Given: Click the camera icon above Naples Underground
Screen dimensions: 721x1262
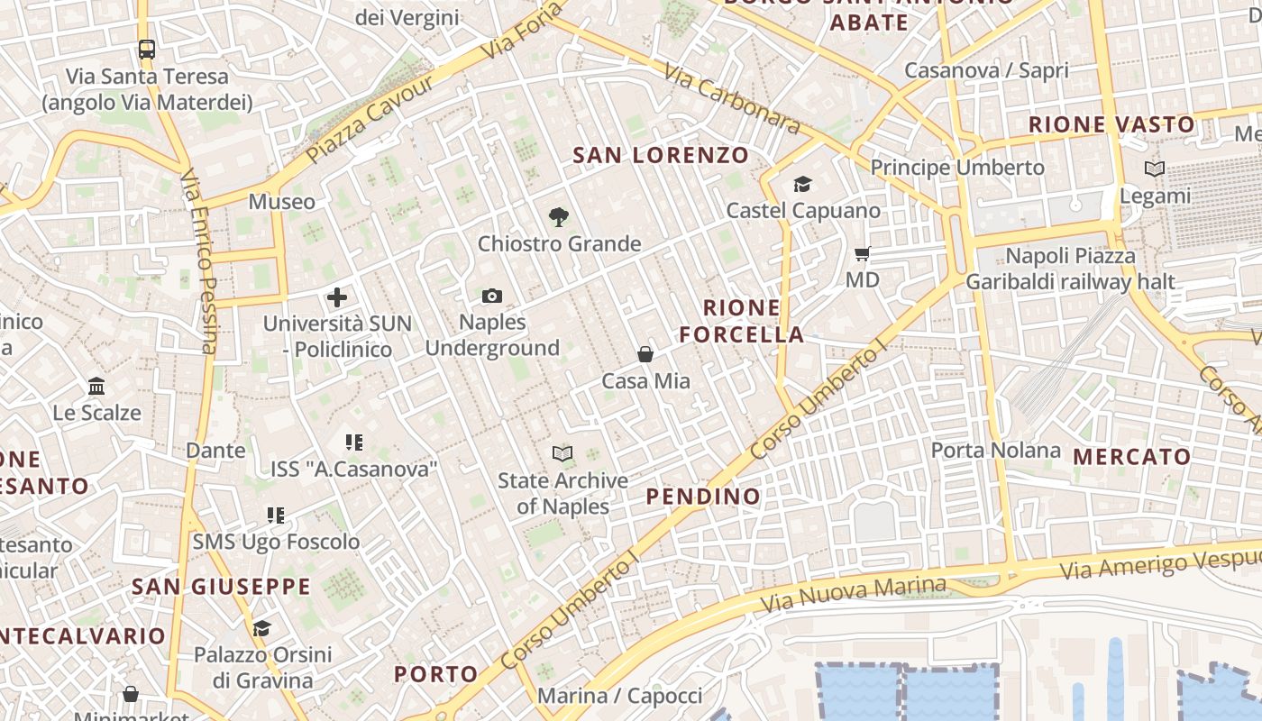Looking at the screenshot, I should coord(491,296).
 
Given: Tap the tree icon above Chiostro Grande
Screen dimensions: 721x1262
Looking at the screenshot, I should coord(559,216).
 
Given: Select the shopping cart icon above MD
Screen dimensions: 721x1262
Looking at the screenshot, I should coord(863,254).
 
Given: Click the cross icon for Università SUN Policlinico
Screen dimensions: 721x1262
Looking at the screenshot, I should coord(337,297).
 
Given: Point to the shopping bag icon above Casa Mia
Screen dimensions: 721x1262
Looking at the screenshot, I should coord(645,354).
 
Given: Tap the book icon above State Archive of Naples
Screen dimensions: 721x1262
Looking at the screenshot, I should coord(562,453).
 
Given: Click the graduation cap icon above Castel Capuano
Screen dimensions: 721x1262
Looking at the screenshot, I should coord(802,185).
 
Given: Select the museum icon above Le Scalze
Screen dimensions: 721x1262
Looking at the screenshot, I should coord(96,387).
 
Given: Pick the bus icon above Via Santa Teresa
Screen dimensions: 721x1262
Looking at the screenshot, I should coord(146,49).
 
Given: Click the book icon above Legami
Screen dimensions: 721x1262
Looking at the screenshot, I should coord(1154,169).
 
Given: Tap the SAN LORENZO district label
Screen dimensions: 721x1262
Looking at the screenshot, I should coord(661,155).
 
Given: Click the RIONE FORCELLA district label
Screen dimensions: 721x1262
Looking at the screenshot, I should coord(741,321).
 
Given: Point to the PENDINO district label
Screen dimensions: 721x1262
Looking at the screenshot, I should coord(703,496).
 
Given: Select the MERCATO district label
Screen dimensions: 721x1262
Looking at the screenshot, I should coord(1132,456).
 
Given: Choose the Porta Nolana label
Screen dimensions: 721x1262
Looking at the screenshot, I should coord(995,450).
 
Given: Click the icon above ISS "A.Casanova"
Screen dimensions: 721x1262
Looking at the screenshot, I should coord(353,443).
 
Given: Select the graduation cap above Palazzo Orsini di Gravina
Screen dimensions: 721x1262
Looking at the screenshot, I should coord(261,628).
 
